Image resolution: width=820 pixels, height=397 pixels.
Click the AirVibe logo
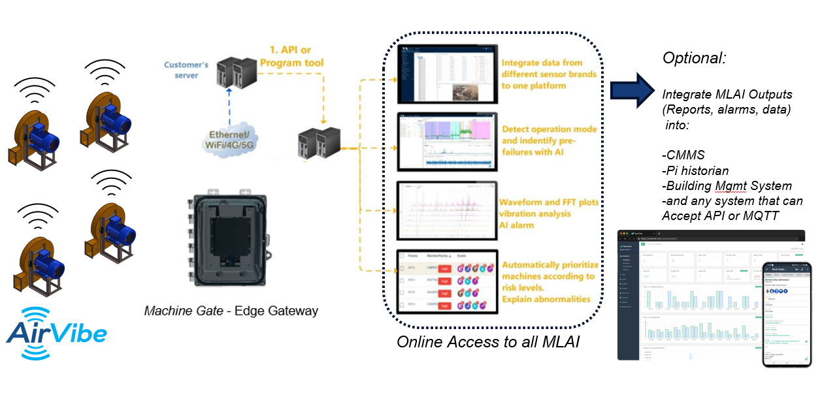56,332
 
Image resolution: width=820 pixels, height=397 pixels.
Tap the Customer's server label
186,70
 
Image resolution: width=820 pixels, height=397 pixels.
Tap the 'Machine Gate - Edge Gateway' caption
231,310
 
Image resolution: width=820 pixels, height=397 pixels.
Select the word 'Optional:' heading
695,58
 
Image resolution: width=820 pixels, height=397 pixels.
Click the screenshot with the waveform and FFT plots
448,208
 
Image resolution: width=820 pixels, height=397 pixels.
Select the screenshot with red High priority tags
448,280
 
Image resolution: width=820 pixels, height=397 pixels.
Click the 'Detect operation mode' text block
549,140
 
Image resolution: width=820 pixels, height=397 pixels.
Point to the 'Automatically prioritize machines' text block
548,282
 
